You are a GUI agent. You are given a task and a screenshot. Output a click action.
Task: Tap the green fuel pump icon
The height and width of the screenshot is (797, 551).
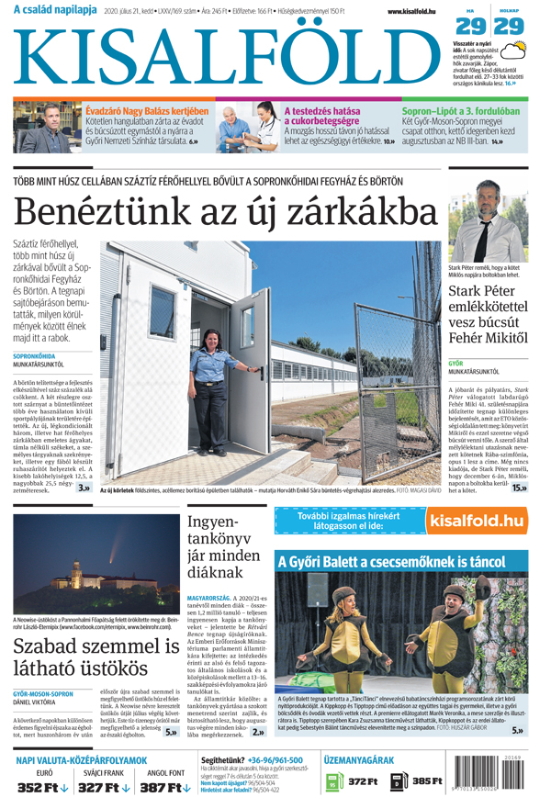coord(332,781)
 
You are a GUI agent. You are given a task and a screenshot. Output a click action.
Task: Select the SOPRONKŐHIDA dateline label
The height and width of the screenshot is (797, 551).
coord(34,354)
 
